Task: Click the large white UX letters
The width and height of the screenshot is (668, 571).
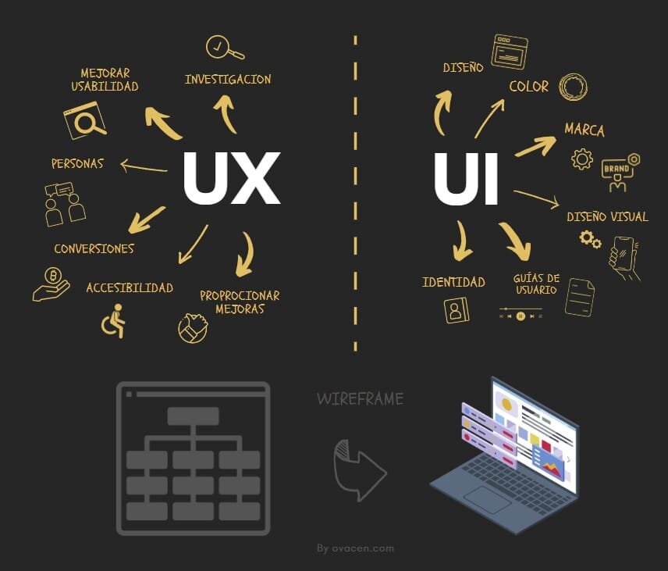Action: pyautogui.click(x=231, y=178)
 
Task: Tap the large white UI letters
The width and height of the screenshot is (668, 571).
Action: pyautogui.click(x=466, y=178)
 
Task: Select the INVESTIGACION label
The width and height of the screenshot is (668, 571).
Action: pyautogui.click(x=228, y=79)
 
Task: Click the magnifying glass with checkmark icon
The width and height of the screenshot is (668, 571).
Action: pyautogui.click(x=223, y=48)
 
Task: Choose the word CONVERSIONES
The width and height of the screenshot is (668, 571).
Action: pyautogui.click(x=94, y=249)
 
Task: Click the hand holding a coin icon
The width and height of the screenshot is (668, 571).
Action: pyautogui.click(x=51, y=284)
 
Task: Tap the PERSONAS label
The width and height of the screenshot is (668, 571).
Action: pyautogui.click(x=77, y=164)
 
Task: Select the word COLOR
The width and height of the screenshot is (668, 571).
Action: pyautogui.click(x=529, y=86)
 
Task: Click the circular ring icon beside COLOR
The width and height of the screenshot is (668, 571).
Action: pyautogui.click(x=574, y=86)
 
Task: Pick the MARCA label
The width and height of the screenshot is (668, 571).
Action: pyautogui.click(x=584, y=129)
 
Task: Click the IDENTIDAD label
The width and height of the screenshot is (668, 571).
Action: pyautogui.click(x=453, y=282)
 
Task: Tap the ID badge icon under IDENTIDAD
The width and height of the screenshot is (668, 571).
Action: pyautogui.click(x=456, y=310)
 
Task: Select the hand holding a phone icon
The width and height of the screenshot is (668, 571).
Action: pyautogui.click(x=624, y=256)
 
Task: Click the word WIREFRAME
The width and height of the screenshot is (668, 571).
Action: pyautogui.click(x=360, y=399)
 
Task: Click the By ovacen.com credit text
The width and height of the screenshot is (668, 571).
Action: pyautogui.click(x=355, y=548)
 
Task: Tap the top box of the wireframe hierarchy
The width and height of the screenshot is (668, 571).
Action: pyautogui.click(x=193, y=416)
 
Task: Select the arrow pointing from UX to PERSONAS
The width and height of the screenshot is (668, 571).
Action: pyautogui.click(x=144, y=166)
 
